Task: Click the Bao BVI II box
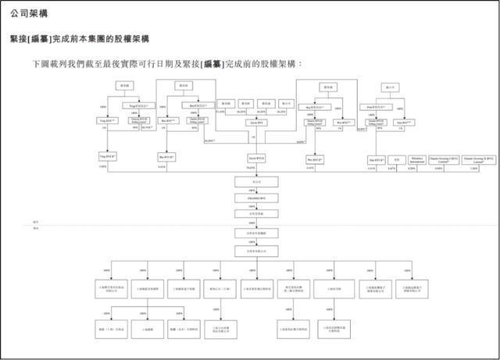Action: click(x=166, y=157)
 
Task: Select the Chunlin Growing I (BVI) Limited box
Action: click(x=448, y=159)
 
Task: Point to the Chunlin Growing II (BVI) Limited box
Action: click(x=477, y=159)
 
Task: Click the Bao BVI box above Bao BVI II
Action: click(x=166, y=121)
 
